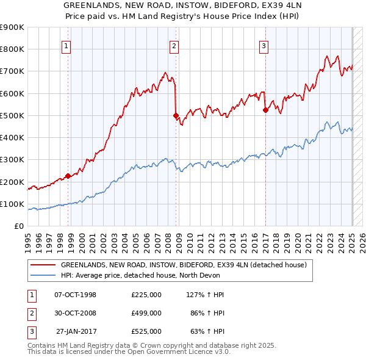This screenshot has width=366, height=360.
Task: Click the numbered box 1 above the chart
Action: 65,45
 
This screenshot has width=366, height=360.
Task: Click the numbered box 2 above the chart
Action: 174,45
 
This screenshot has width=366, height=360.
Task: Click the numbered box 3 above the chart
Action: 264,45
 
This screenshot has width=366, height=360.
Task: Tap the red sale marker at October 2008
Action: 176,115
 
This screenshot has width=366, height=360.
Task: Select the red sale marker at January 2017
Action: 265,110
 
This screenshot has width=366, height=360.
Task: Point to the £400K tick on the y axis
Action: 13,137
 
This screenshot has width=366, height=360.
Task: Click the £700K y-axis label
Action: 13,71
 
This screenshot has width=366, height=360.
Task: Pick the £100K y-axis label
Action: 13,204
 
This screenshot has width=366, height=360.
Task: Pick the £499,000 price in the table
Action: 146,313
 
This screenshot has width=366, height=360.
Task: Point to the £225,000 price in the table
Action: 146,295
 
